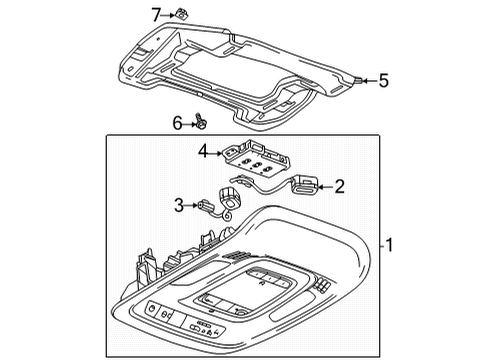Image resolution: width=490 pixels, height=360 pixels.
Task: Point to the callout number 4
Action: [x=204, y=153]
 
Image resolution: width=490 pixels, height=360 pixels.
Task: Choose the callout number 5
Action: [x=383, y=79]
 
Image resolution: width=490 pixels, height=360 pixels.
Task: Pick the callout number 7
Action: [x=156, y=13]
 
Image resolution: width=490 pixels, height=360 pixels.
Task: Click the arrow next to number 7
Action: [x=169, y=14]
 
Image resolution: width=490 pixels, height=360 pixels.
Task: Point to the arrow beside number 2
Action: [x=324, y=185]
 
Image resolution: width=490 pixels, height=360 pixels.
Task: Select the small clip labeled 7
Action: [x=184, y=14]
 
